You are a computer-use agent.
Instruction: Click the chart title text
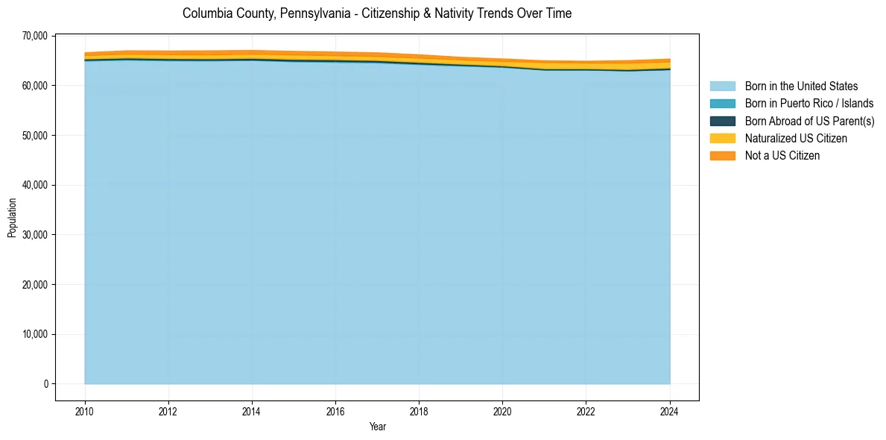tap(377, 13)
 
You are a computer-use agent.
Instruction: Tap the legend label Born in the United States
tap(801, 87)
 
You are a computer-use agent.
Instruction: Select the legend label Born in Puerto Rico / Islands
tap(809, 104)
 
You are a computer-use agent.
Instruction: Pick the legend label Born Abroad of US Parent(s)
tap(809, 121)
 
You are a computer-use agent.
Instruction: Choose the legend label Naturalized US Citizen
tap(796, 138)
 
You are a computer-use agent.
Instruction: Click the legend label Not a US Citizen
tap(782, 155)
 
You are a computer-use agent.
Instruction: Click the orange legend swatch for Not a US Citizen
tap(722, 155)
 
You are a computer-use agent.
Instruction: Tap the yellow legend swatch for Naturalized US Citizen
tap(722, 138)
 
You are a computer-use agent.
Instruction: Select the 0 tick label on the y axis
tap(45, 384)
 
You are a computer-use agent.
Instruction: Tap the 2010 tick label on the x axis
tap(85, 410)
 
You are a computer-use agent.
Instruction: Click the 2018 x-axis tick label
tap(419, 410)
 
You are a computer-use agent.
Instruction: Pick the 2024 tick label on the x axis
tap(669, 410)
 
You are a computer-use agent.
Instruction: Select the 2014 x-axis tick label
tap(252, 410)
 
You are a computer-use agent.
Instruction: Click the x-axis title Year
tap(377, 427)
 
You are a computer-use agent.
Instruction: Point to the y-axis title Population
tap(12, 218)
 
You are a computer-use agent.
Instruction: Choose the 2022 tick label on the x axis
tap(586, 410)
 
